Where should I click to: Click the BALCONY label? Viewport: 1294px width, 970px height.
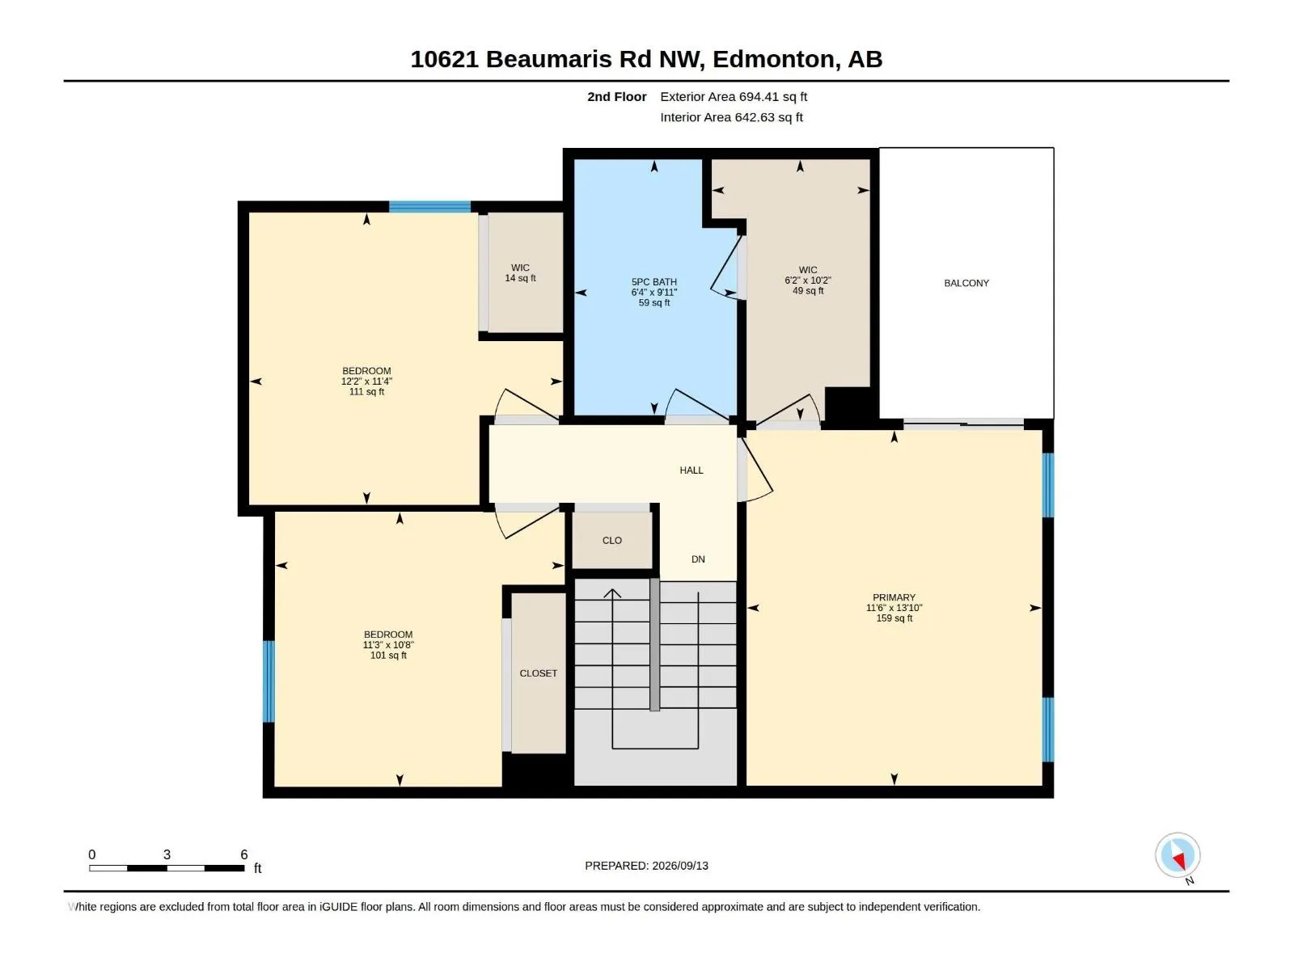pyautogui.click(x=966, y=283)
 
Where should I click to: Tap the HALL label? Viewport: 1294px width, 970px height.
pyautogui.click(x=691, y=470)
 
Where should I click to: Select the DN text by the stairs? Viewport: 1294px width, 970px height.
pyautogui.click(x=698, y=559)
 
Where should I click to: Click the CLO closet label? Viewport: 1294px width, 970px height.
pyautogui.click(x=612, y=541)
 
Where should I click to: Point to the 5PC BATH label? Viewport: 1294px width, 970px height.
pyautogui.click(x=653, y=282)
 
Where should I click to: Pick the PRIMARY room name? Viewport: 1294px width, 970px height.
pyautogui.click(x=894, y=598)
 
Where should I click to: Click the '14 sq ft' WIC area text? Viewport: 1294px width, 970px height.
pyautogui.click(x=520, y=279)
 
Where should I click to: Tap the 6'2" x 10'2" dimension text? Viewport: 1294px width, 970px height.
pyautogui.click(x=808, y=280)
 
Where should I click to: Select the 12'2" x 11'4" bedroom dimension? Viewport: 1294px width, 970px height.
pyautogui.click(x=366, y=382)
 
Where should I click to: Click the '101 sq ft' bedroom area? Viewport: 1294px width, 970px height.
pyautogui.click(x=388, y=656)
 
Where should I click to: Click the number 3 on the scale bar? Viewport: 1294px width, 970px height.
pyautogui.click(x=167, y=854)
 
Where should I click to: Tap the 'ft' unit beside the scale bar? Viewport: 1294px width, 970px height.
pyautogui.click(x=258, y=868)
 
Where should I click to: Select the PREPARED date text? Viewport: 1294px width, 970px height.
pyautogui.click(x=646, y=866)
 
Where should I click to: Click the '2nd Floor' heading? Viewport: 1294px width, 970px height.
pyautogui.click(x=616, y=96)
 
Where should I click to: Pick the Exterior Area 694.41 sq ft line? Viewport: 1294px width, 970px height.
pyautogui.click(x=734, y=96)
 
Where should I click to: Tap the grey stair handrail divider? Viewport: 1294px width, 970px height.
pyautogui.click(x=654, y=644)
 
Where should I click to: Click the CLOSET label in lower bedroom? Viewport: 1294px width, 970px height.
pyautogui.click(x=538, y=673)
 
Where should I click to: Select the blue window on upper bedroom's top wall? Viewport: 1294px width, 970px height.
pyautogui.click(x=429, y=207)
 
